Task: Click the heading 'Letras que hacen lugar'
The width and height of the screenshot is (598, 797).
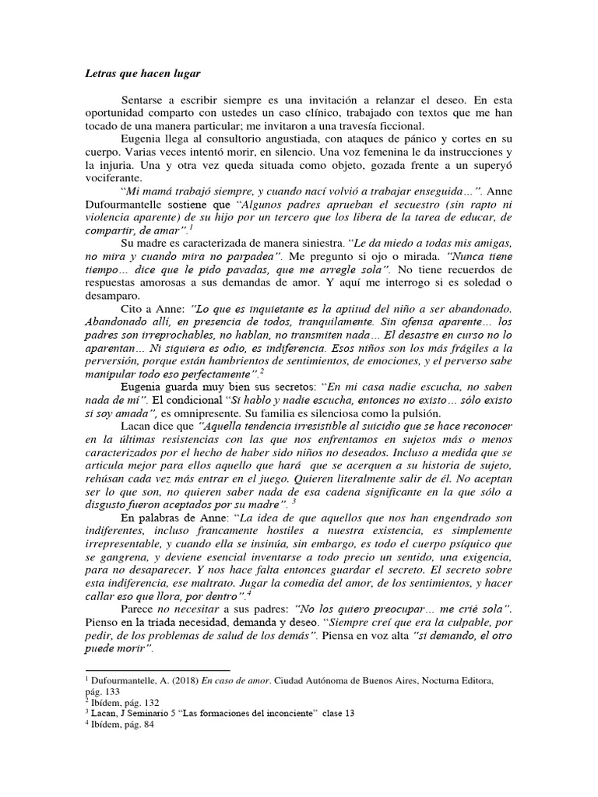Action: (142, 74)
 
